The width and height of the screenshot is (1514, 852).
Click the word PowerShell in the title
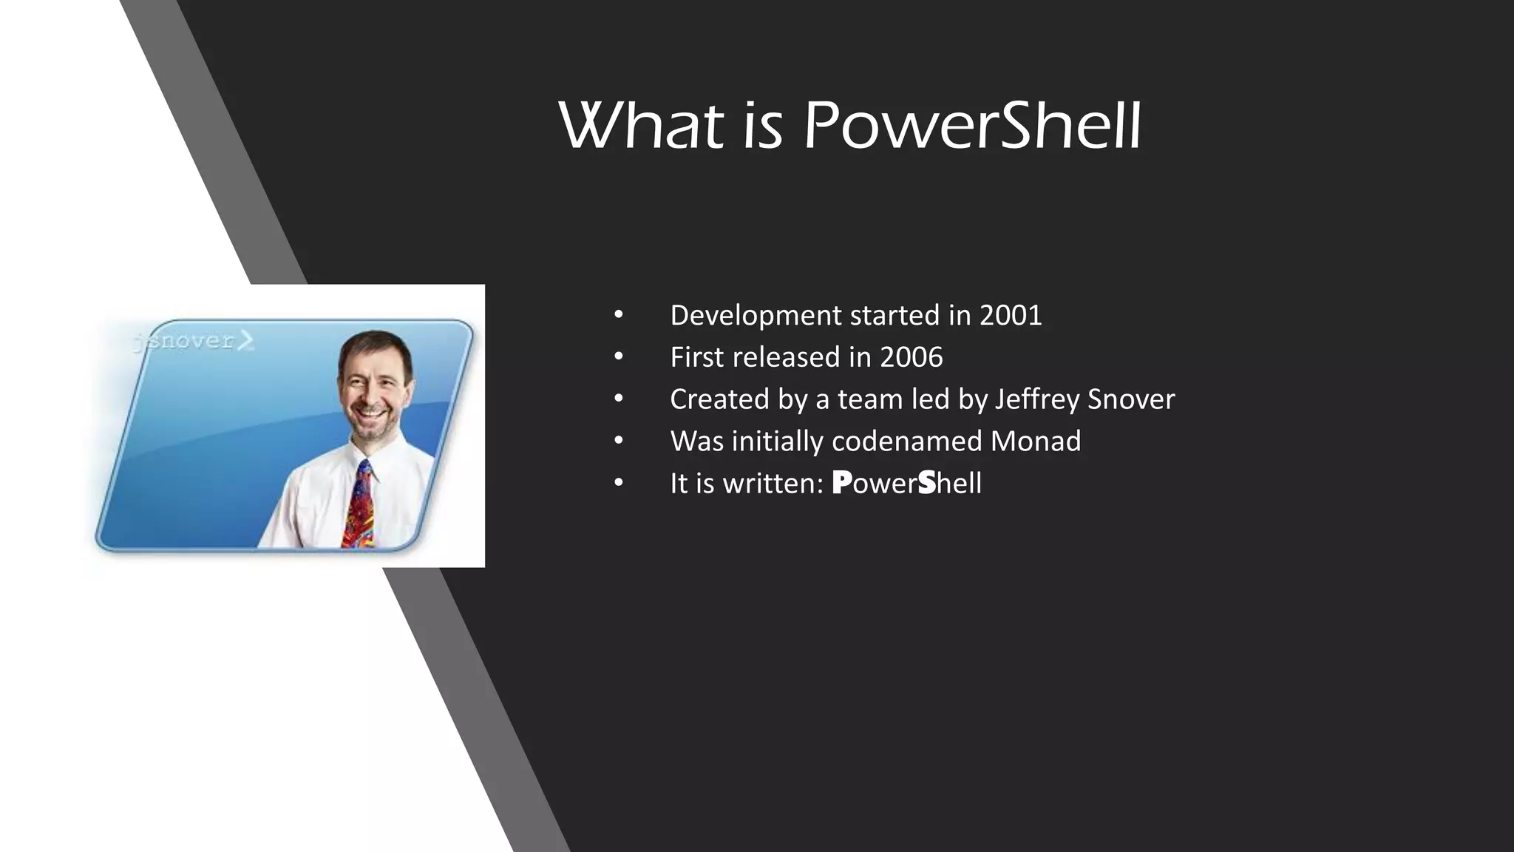pos(972,127)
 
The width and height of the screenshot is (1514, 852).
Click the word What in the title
pos(641,127)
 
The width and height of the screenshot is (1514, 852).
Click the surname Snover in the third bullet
pos(1130,400)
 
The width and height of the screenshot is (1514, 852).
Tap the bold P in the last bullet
pos(841,483)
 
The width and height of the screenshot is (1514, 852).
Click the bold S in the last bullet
pos(926,483)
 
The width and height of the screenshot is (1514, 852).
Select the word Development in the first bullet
pos(756,316)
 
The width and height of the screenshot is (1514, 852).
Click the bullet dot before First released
pos(619,358)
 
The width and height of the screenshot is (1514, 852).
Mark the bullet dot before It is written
pos(619,484)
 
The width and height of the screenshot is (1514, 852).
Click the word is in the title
pos(762,127)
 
